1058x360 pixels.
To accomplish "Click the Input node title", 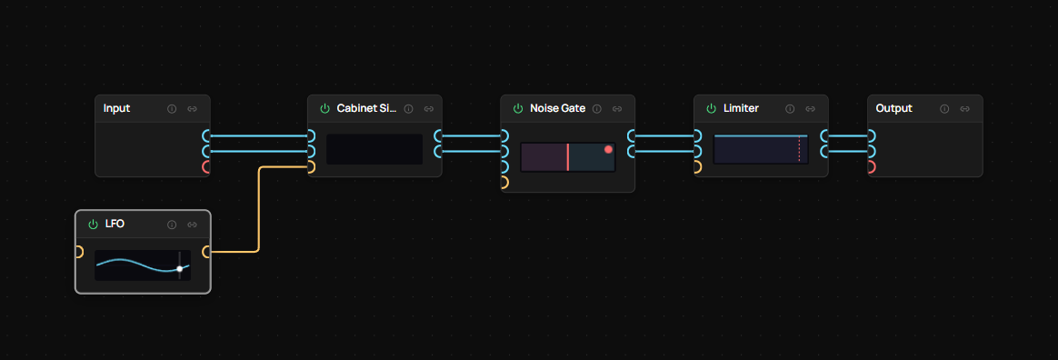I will pyautogui.click(x=116, y=108).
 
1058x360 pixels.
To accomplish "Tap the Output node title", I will pyautogui.click(x=893, y=108).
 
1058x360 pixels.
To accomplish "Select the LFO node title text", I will pyautogui.click(x=114, y=224).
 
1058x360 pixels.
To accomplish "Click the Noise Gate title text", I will pyautogui.click(x=556, y=108).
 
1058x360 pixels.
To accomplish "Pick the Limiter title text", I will pyautogui.click(x=741, y=108).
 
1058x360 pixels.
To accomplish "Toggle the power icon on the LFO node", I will pyautogui.click(x=93, y=225).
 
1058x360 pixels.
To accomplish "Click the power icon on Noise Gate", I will pyautogui.click(x=518, y=109).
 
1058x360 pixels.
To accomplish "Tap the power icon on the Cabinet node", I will pyautogui.click(x=324, y=109).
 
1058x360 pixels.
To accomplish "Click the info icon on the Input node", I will pyautogui.click(x=172, y=109).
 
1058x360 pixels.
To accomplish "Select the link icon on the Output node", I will pyautogui.click(x=964, y=109).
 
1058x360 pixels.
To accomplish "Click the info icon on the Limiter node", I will pyautogui.click(x=789, y=109).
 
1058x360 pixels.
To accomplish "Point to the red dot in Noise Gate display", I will pyautogui.click(x=608, y=149).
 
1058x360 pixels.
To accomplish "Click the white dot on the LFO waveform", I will pyautogui.click(x=180, y=268).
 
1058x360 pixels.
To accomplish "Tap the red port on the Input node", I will pyautogui.click(x=206, y=167).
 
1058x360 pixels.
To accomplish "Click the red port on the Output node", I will pyautogui.click(x=871, y=167).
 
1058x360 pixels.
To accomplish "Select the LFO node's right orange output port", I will pyautogui.click(x=206, y=252).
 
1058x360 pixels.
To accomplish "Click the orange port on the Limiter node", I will pyautogui.click(x=697, y=167).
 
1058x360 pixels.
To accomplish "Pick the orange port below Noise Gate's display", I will pyautogui.click(x=504, y=183).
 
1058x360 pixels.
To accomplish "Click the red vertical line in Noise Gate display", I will pyautogui.click(x=568, y=156).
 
